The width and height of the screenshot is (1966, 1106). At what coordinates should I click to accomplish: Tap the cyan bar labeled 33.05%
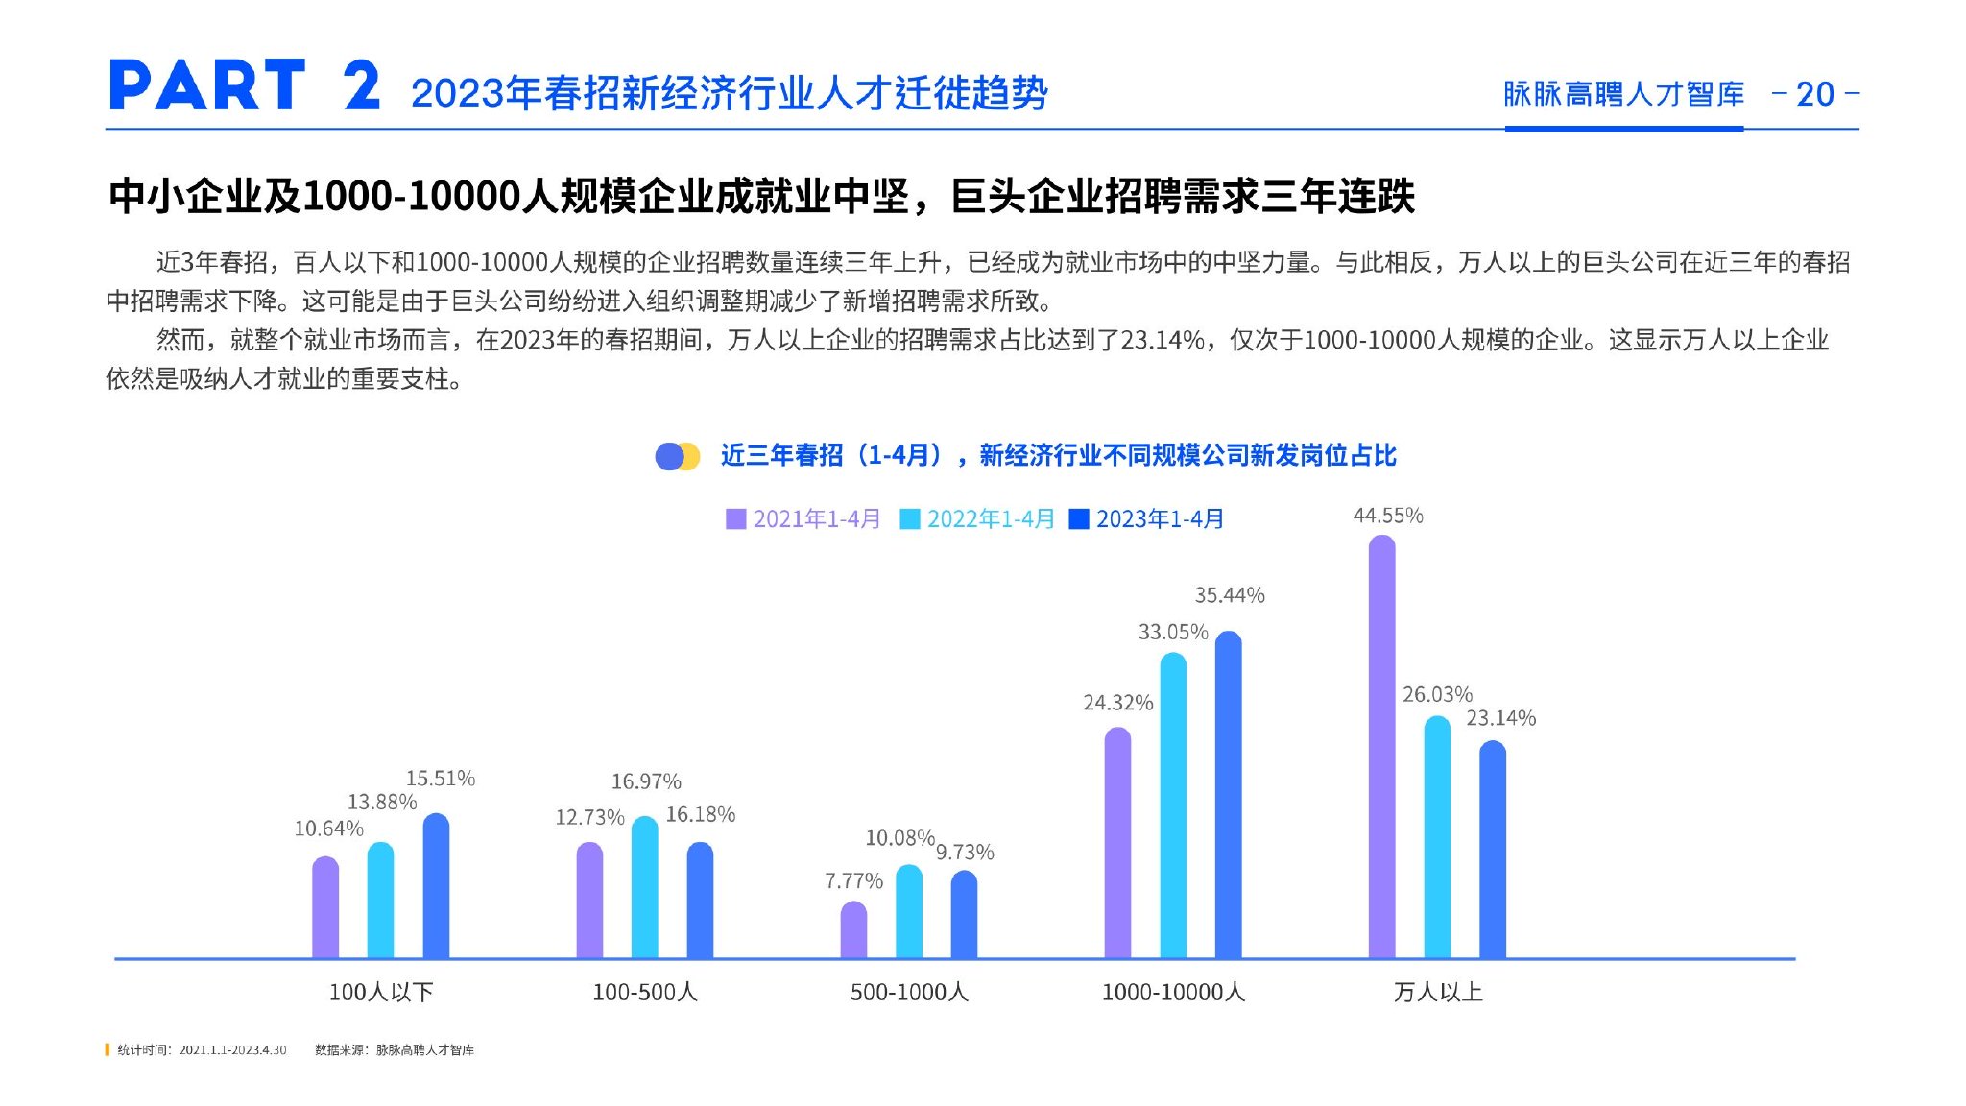point(1173,805)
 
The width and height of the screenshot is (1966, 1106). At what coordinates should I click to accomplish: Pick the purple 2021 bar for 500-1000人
point(853,930)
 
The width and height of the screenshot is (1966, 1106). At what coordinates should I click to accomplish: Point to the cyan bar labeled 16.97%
point(645,887)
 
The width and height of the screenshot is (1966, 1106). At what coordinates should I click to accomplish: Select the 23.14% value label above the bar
point(1500,718)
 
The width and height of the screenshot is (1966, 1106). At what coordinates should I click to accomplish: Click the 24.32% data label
point(1117,703)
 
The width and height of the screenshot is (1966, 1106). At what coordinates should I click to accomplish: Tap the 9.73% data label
point(965,853)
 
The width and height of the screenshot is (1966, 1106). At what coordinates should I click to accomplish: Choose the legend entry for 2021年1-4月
point(803,519)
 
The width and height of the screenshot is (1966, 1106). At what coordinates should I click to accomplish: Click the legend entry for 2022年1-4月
point(977,519)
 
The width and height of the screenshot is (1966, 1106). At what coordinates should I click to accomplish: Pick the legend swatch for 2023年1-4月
point(1079,519)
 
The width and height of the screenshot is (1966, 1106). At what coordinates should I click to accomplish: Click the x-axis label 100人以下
point(381,992)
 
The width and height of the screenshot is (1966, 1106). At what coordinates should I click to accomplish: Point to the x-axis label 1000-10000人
point(1173,992)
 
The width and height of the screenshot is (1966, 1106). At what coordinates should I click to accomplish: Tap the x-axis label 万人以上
point(1437,992)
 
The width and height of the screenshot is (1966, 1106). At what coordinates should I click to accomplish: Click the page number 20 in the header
point(1814,94)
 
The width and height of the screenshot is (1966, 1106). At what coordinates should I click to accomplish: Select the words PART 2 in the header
point(245,86)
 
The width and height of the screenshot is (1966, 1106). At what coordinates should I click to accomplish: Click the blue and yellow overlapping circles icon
point(677,456)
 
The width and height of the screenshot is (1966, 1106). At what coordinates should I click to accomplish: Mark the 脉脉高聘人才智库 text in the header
point(1623,94)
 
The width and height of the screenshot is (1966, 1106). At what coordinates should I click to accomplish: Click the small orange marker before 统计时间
point(108,1049)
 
